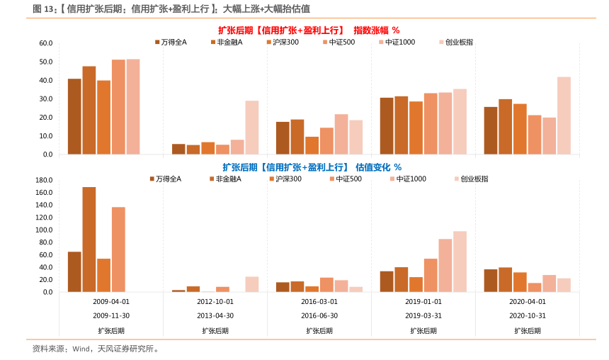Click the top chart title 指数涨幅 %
click(376, 30)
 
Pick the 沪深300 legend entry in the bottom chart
click(286, 179)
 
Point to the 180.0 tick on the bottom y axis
click(45, 180)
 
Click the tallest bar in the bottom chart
click(89, 240)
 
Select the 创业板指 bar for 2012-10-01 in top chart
click(252, 127)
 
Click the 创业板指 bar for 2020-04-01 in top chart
click(564, 115)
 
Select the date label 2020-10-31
click(527, 315)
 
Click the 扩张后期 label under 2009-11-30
click(110, 330)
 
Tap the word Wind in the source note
click(81, 349)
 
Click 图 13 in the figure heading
click(45, 9)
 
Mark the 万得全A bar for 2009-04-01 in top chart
click(74, 116)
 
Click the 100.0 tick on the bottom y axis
click(45, 230)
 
